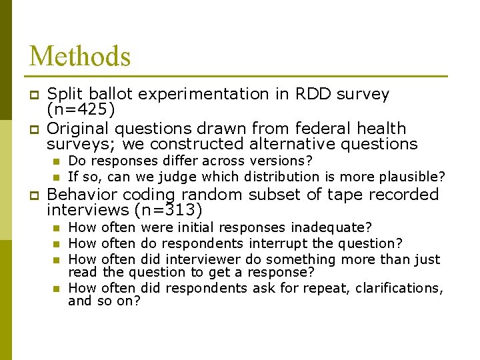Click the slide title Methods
coord(80,56)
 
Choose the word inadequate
coord(331,228)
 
